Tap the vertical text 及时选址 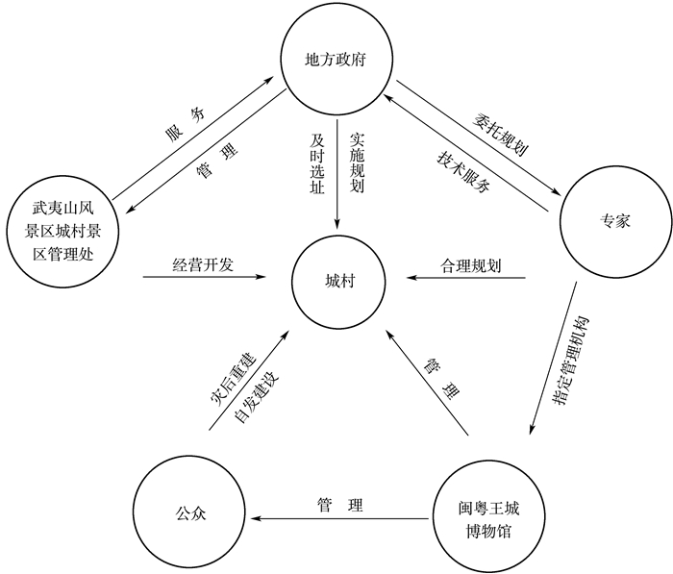(317, 163)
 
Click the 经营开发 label (203, 264)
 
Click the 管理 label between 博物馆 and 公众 (339, 505)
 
